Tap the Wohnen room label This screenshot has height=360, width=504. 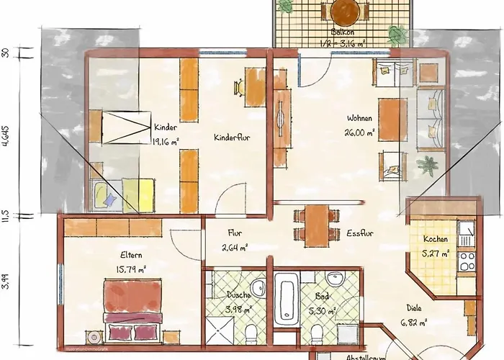coord(360,119)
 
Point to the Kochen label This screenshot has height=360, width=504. coord(436,239)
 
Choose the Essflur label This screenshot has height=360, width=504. coord(359,233)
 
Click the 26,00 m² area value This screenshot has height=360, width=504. coord(360,132)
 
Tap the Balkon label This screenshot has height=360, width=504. coord(342,33)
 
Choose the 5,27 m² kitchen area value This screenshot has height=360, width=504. coord(436,253)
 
